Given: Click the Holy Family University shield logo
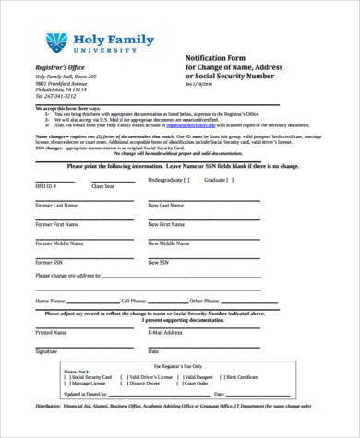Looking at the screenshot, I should tap(57, 41).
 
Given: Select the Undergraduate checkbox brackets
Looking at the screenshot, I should tap(186, 179).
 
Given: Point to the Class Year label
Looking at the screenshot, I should tap(103, 186).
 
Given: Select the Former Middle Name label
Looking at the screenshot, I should tap(58, 243).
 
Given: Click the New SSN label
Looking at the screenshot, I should tap(160, 262).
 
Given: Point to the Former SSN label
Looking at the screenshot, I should tap(48, 262).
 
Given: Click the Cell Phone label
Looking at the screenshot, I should tap(134, 301).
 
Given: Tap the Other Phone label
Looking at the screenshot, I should tap(205, 301).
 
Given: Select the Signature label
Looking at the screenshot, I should tap(46, 350).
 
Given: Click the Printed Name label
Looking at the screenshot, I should tap(51, 331).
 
